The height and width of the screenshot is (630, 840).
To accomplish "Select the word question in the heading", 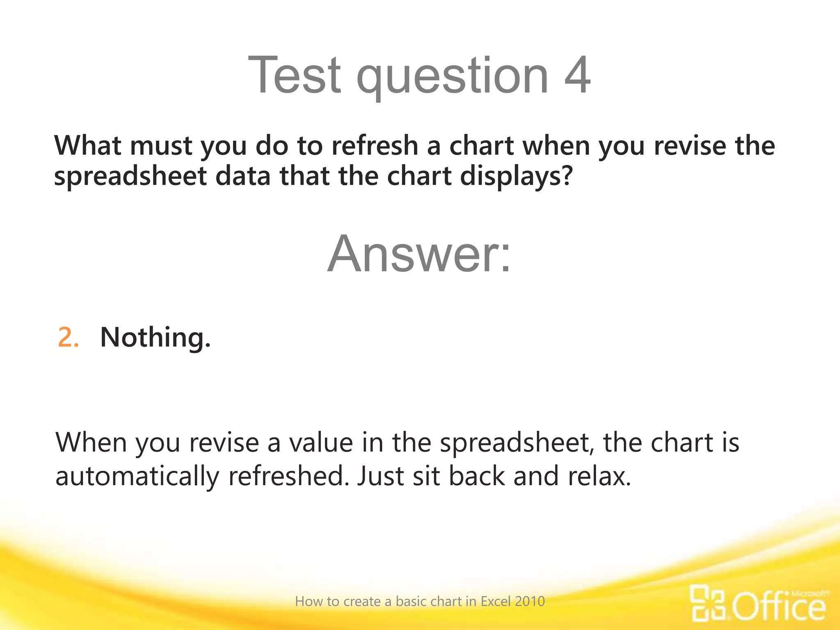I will click(x=452, y=78).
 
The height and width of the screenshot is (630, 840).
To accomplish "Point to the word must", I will click(x=161, y=146).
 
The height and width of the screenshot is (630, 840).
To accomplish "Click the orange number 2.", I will click(x=68, y=338).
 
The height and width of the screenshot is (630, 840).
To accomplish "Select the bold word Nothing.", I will click(x=155, y=338).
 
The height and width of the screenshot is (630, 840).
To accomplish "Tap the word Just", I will click(x=380, y=477).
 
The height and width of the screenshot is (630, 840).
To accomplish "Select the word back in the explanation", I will click(x=477, y=477).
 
